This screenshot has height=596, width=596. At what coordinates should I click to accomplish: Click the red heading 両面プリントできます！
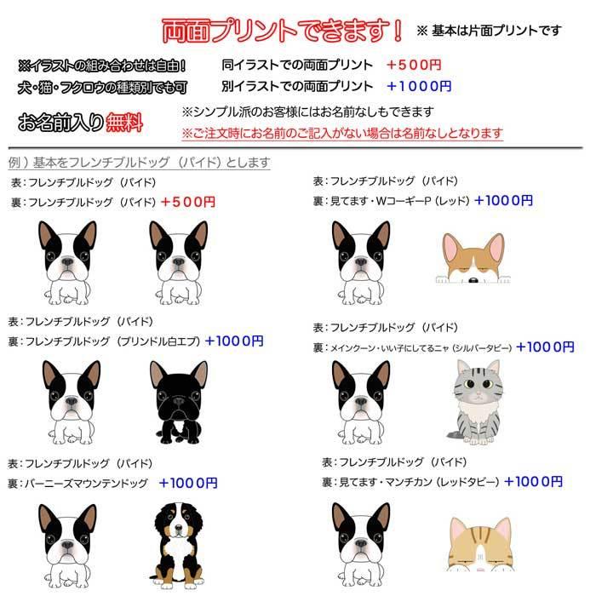click(282, 30)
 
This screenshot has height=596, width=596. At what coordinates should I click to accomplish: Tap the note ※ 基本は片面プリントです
click(489, 31)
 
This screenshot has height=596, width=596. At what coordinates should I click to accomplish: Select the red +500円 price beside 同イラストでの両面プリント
click(414, 65)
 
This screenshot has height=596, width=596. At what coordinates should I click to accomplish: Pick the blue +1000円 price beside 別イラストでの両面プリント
click(418, 86)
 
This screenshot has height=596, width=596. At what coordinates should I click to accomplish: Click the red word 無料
click(124, 123)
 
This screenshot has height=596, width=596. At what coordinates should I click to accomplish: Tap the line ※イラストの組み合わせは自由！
click(101, 66)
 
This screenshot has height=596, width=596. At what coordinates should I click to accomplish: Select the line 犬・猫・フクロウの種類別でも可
click(101, 87)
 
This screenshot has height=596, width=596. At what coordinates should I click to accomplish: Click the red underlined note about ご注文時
click(341, 134)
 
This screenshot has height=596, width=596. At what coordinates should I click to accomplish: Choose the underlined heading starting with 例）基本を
click(140, 163)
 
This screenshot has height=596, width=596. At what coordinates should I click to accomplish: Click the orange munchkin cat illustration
click(481, 545)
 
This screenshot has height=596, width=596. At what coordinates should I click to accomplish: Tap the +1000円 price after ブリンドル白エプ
click(234, 341)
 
